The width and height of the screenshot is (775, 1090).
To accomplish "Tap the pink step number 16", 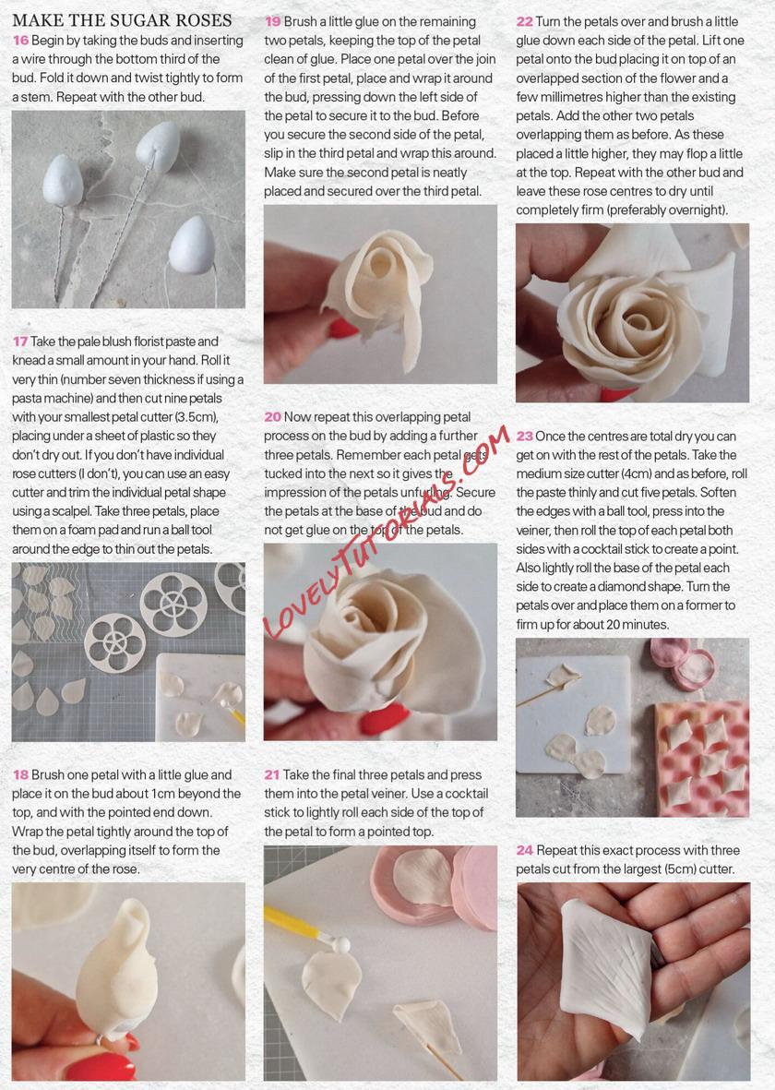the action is tap(20, 41).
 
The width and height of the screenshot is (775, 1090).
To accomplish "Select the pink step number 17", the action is tap(19, 341).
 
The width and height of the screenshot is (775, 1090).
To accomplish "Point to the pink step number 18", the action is tap(20, 774).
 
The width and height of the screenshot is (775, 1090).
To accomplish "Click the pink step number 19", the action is tap(272, 21).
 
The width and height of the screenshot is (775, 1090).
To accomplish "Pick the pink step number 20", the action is tap(272, 416).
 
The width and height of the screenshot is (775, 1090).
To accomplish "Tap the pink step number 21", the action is tap(272, 774).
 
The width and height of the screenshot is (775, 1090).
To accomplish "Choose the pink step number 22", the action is tap(524, 21).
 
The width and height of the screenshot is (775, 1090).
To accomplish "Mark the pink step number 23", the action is tap(524, 436).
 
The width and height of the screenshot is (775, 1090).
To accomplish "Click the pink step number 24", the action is tap(525, 850).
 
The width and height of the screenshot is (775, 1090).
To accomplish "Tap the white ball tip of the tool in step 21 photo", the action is tap(340, 945).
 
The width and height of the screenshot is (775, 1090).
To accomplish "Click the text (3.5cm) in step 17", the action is tap(198, 417).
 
